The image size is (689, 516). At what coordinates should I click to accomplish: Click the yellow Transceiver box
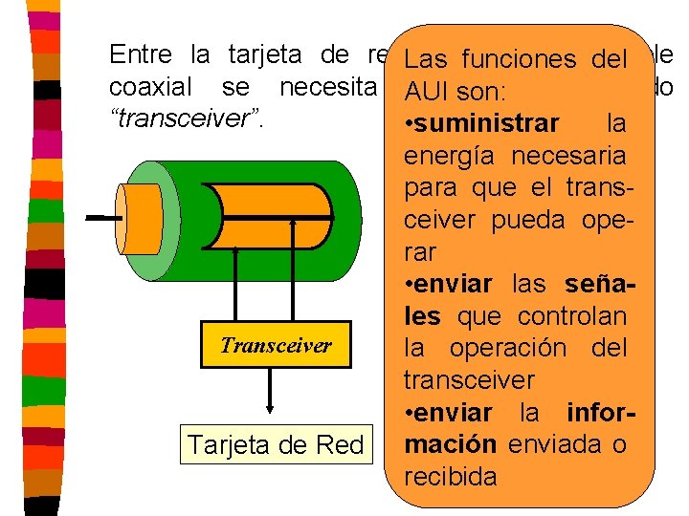tap(276, 345)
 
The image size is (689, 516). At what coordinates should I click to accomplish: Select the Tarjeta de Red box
tap(276, 444)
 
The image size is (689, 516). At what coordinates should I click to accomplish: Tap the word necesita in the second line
tap(331, 89)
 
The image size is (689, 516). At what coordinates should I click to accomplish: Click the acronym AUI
tap(427, 93)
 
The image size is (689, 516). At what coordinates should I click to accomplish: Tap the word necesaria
tap(582, 156)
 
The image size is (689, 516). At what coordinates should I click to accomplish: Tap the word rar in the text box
tap(419, 252)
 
